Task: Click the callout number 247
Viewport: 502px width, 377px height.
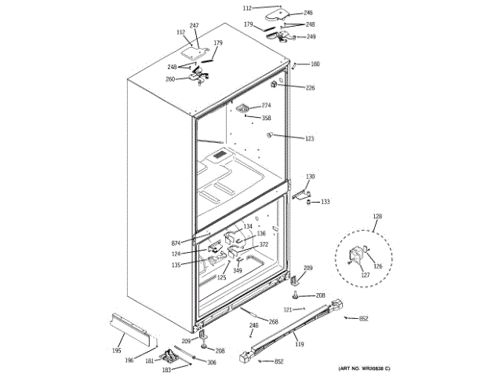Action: [194, 26]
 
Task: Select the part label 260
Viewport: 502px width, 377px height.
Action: [192, 79]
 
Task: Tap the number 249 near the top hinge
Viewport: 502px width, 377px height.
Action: [311, 37]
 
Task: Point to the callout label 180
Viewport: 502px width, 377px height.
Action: [315, 64]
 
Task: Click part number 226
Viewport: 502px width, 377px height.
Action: [310, 88]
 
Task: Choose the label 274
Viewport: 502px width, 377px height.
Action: [266, 105]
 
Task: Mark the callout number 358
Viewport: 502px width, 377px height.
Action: [266, 118]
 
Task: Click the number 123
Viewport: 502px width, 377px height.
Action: [309, 138]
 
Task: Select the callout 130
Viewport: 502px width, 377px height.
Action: [310, 177]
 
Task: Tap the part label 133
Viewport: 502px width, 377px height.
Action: [325, 202]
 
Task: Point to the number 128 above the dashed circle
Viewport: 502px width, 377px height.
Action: [376, 216]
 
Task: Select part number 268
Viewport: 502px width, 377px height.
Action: [273, 322]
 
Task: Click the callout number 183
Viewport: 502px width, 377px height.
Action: [166, 369]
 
